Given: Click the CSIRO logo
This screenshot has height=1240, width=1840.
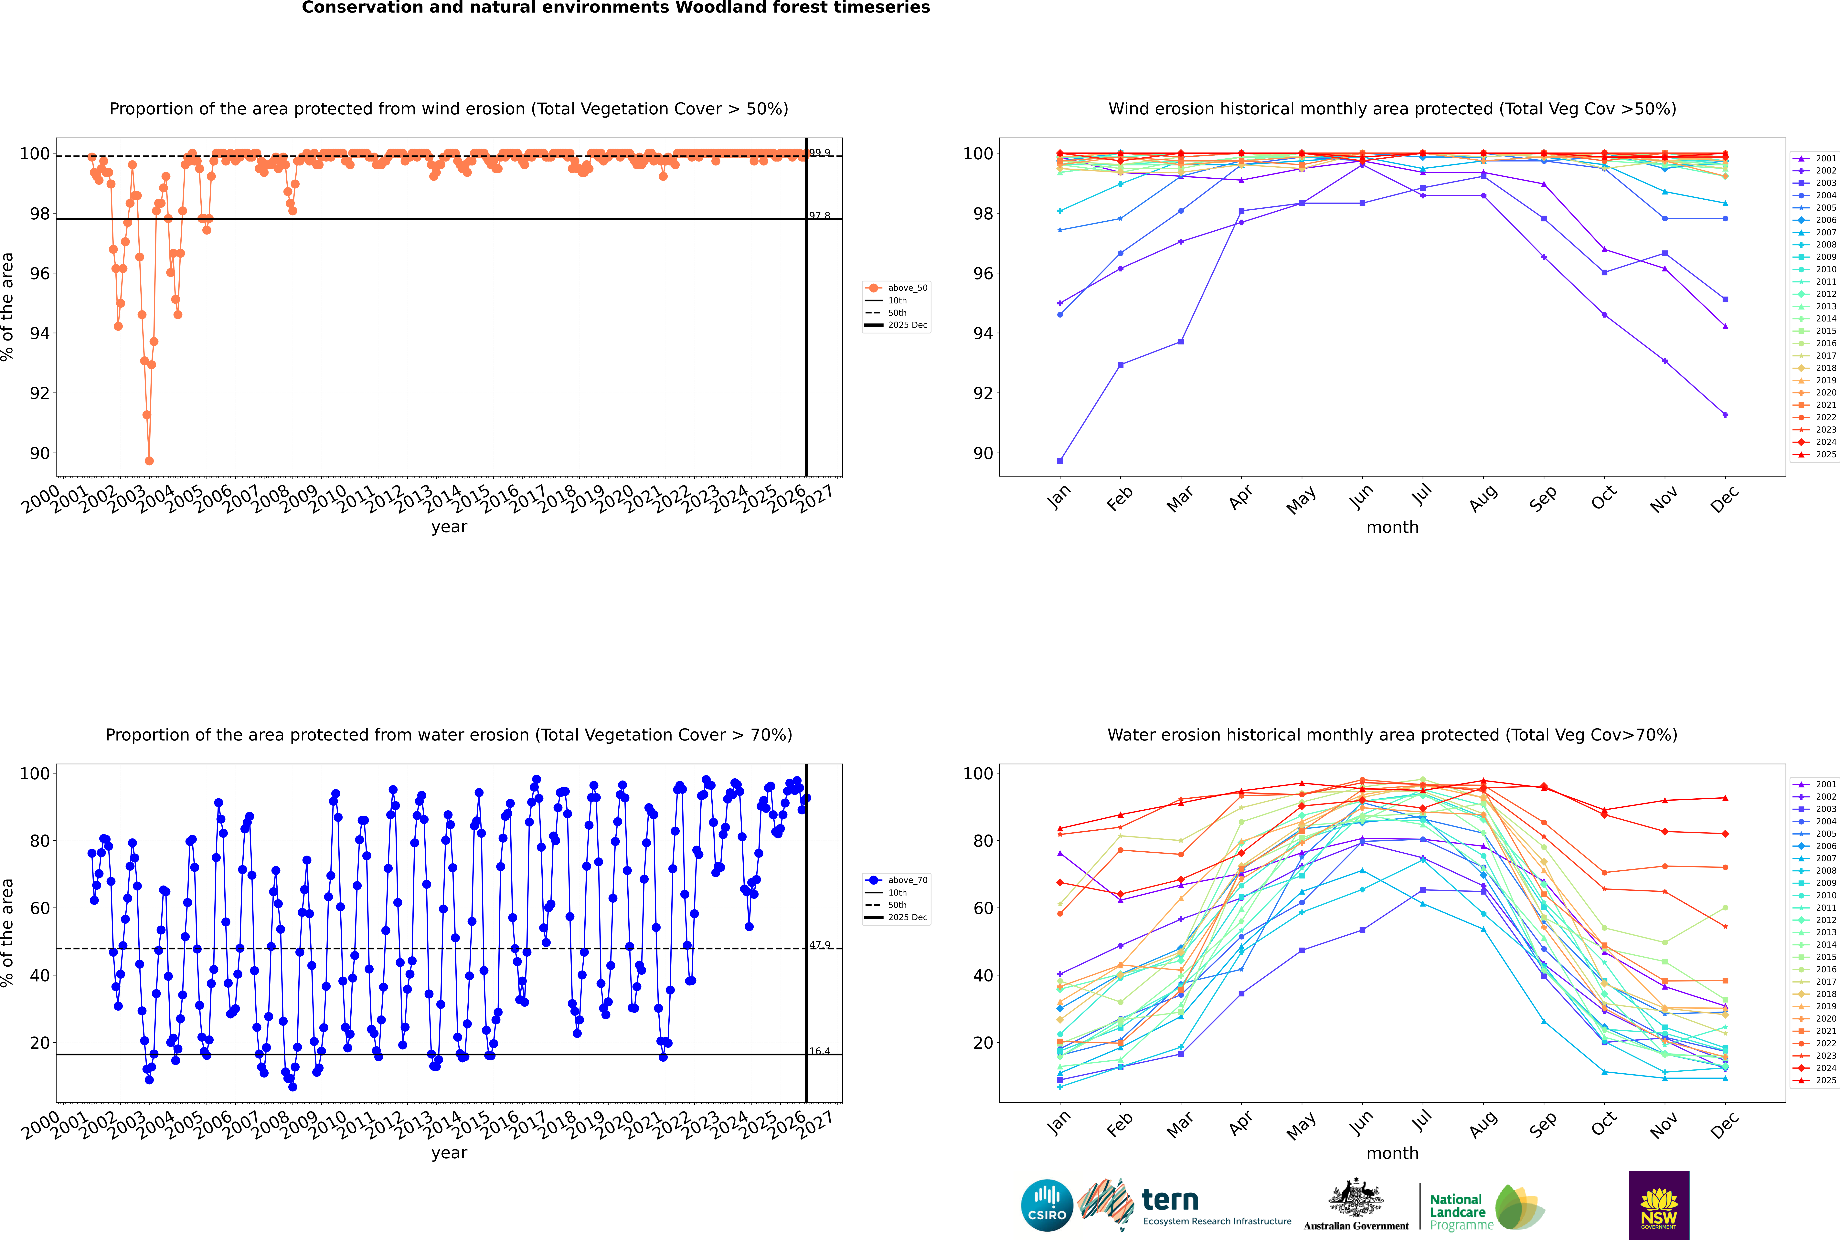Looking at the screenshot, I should [1047, 1205].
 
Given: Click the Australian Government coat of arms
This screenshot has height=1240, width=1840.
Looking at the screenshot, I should [1356, 1201].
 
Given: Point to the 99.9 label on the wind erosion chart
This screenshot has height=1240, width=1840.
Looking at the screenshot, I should [820, 153].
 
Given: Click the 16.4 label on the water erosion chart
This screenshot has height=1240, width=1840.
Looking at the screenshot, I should [820, 1051].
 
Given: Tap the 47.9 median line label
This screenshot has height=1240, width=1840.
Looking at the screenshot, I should [820, 945].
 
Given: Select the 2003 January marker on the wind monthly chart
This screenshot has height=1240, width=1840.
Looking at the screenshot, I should [1060, 461].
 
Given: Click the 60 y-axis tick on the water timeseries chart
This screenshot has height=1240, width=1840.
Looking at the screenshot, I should [39, 908].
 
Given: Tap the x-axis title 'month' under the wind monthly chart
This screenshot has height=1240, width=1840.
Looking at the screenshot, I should [1392, 528].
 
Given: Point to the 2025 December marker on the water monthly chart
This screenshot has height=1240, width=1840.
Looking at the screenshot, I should [1725, 798].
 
